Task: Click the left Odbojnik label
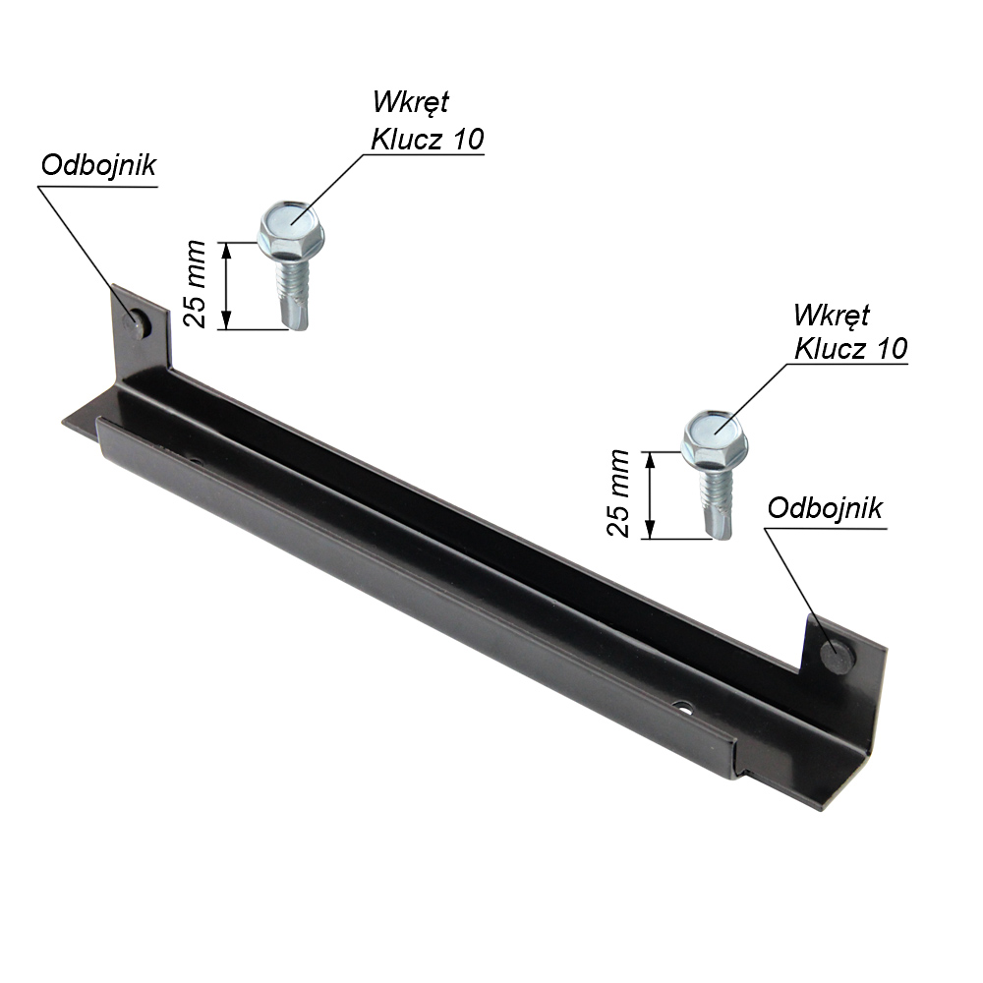click(x=98, y=165)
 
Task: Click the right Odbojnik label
click(x=825, y=508)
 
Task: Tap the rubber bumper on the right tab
click(x=838, y=655)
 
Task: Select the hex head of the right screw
click(x=715, y=437)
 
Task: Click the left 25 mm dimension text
click(x=195, y=283)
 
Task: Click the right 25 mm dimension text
click(x=618, y=492)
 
